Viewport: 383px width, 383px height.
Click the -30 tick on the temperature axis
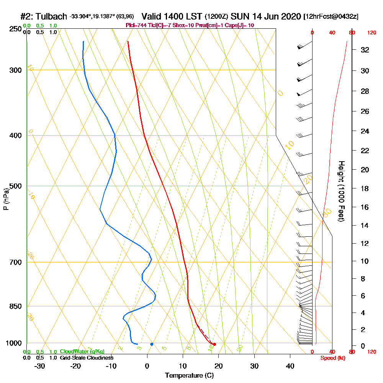tap(40, 366)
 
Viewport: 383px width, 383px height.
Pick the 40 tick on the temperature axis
tap(290, 366)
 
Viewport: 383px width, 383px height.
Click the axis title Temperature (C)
tap(189, 376)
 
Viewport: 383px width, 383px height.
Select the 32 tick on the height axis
tap(365, 50)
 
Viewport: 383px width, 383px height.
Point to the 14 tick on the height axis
tap(365, 226)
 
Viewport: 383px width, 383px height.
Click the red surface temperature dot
tap(214, 344)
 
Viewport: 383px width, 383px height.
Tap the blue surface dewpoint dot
tap(152, 344)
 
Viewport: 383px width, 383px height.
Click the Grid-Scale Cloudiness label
tap(86, 358)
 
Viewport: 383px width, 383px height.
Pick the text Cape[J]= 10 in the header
tap(240, 25)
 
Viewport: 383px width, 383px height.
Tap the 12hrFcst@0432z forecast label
tap(331, 17)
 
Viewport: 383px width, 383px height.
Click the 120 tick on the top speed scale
tap(372, 33)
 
